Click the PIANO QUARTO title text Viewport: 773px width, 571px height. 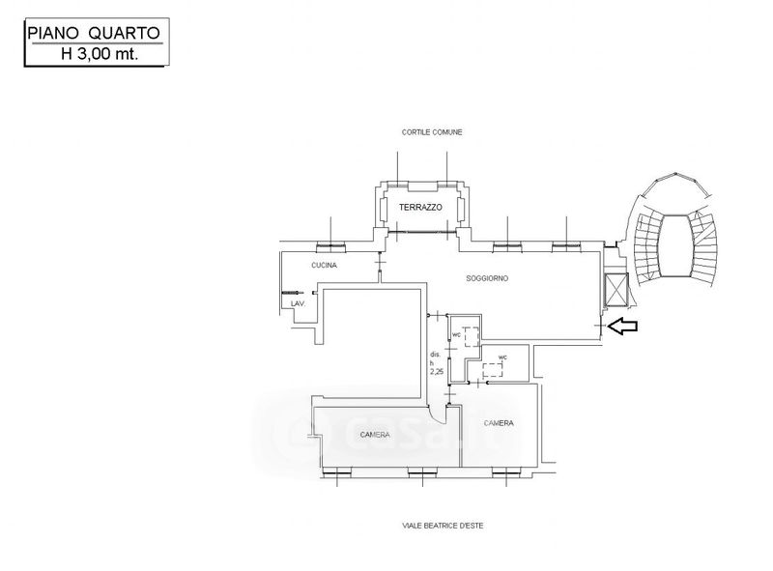pyautogui.click(x=95, y=34)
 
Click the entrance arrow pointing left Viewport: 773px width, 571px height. pyautogui.click(x=623, y=328)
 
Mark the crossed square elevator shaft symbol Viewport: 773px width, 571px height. pyautogui.click(x=616, y=289)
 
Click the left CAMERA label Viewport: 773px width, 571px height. pyautogui.click(x=375, y=434)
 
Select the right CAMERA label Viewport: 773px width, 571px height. pyautogui.click(x=499, y=423)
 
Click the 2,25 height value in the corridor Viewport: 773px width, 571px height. pyautogui.click(x=436, y=371)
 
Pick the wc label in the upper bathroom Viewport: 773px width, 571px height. pyautogui.click(x=456, y=336)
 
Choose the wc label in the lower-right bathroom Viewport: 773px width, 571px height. pyautogui.click(x=501, y=357)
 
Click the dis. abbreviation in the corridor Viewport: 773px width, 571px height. pyautogui.click(x=435, y=354)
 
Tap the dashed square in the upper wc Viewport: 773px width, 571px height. pyautogui.click(x=471, y=337)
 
